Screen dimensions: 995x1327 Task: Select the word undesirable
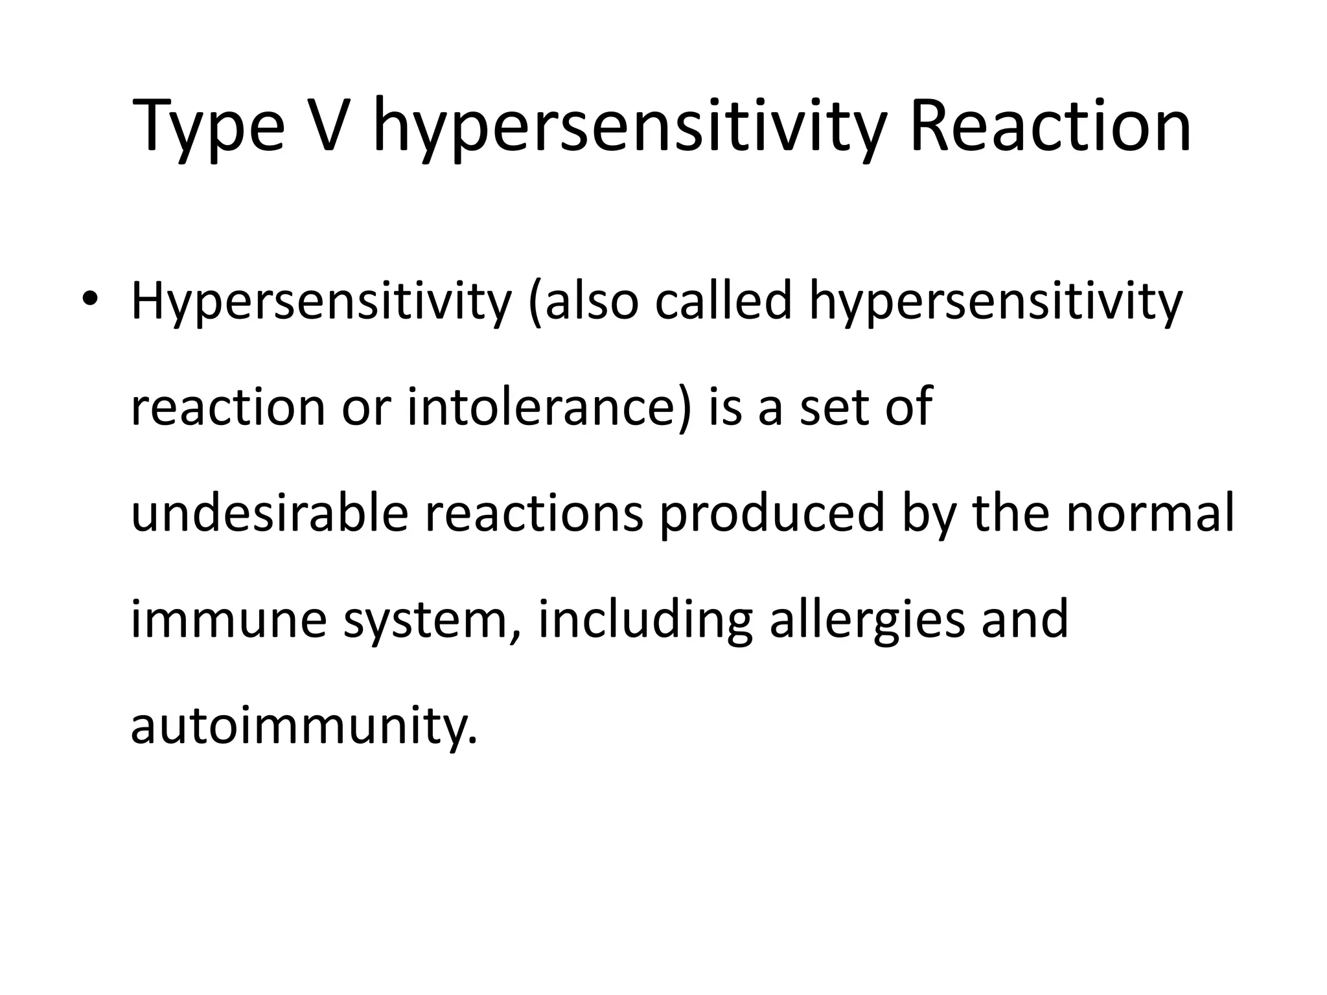(270, 512)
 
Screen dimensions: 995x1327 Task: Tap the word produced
(772, 514)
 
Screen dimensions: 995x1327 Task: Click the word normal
(1150, 512)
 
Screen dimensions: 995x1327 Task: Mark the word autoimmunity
(303, 726)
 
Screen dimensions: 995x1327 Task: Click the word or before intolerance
(366, 408)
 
